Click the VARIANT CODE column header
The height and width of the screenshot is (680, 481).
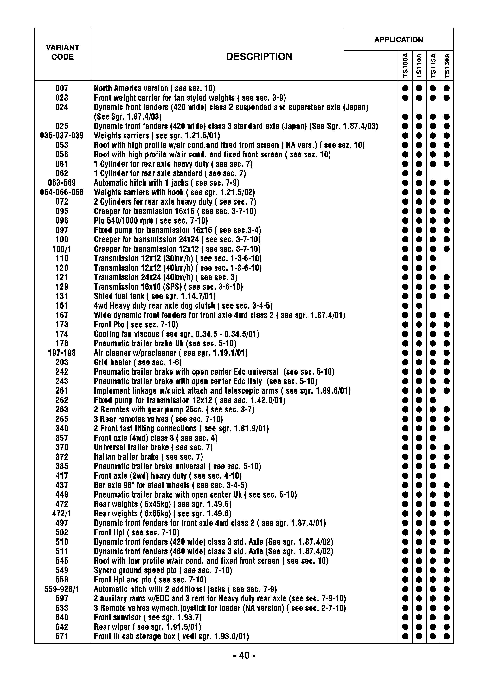coord(62,52)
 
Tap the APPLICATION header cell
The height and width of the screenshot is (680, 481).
coord(398,40)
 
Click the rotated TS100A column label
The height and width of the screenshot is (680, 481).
coord(405,66)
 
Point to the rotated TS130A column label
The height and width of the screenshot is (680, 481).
coord(447,66)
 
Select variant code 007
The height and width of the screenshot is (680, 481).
coord(62,88)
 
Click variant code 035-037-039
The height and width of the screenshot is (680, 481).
coord(62,136)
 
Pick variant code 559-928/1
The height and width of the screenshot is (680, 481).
coord(62,589)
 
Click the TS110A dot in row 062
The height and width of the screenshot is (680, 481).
coord(419,173)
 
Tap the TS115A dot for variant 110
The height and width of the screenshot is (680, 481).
coord(433,259)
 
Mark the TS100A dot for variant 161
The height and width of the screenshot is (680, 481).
coord(405,306)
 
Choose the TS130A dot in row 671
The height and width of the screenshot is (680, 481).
coord(447,636)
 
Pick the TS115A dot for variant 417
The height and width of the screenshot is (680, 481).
coord(433,476)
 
